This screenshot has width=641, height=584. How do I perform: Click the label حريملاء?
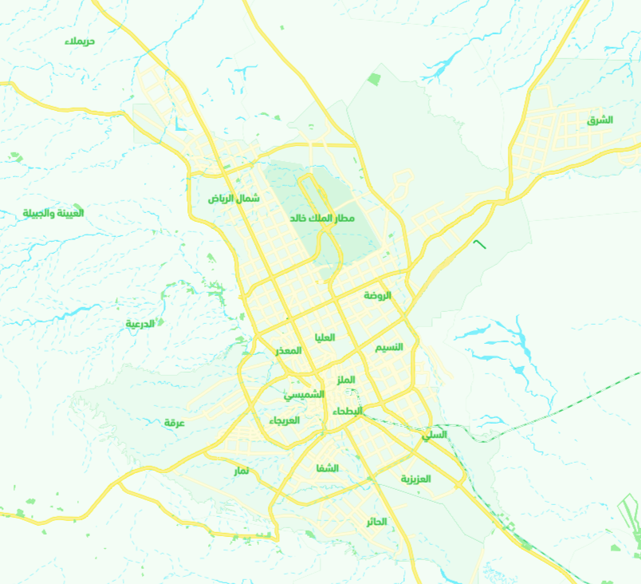click(80, 40)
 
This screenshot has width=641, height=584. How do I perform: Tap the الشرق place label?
click(600, 120)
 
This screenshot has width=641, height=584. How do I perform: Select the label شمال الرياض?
click(234, 198)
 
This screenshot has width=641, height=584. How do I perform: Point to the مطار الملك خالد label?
click(323, 217)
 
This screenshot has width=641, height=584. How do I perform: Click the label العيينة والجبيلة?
click(53, 213)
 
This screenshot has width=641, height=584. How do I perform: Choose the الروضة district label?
click(378, 295)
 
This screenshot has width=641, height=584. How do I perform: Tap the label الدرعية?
click(140, 323)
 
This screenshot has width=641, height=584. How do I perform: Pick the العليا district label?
click(325, 337)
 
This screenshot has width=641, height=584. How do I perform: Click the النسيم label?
click(389, 347)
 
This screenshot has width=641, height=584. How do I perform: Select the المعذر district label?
click(289, 350)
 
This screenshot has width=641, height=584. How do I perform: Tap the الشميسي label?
click(305, 394)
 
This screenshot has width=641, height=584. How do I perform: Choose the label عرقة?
click(175, 422)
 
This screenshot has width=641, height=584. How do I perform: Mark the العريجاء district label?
click(284, 420)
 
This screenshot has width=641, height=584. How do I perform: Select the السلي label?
click(435, 435)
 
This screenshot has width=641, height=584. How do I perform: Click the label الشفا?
click(328, 468)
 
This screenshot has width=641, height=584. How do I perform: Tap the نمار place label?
click(241, 471)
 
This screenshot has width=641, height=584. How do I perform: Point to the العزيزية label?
click(415, 479)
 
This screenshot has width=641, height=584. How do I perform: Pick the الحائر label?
click(376, 522)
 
